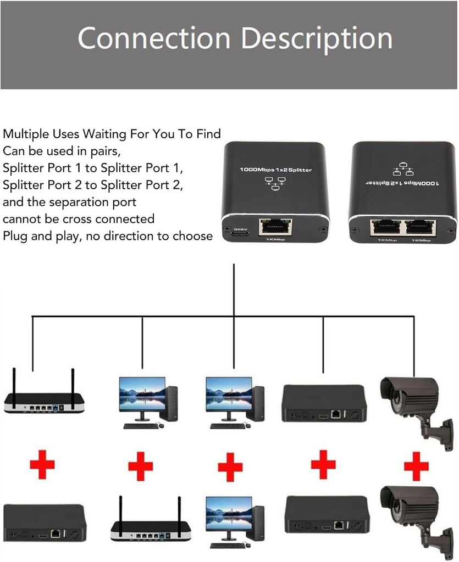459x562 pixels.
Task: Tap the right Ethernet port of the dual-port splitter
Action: [x=421, y=227]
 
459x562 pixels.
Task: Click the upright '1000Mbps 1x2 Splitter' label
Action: [x=275, y=170]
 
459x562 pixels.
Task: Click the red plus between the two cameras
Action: [x=416, y=465]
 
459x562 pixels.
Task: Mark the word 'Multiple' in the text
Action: [x=23, y=133]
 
